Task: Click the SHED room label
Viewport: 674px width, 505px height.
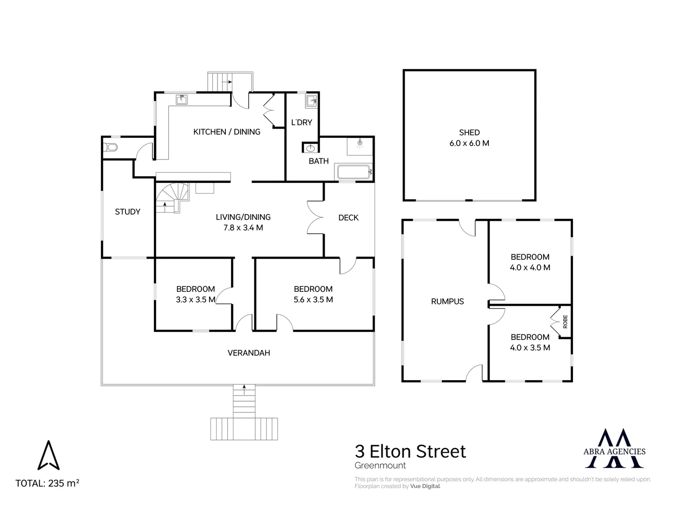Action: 469,133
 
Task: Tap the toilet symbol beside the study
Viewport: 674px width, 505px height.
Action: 111,148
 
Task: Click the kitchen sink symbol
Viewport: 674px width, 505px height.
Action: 181,100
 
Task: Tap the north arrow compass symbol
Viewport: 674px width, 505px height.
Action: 48,454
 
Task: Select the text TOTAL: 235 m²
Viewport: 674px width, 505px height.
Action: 47,483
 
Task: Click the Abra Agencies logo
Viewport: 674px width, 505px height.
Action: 615,448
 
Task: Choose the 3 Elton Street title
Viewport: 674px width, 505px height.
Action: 410,451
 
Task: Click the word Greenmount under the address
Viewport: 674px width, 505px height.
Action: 380,465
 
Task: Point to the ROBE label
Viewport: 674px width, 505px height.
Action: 565,321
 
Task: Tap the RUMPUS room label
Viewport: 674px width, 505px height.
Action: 447,302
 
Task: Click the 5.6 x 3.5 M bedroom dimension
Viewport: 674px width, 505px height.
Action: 313,300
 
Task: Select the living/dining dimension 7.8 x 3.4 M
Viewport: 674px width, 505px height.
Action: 243,228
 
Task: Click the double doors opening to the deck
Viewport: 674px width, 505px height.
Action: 315,217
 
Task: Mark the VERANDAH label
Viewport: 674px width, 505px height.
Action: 249,353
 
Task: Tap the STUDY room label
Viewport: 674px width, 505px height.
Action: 127,212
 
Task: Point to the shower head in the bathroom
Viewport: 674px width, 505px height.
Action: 360,143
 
